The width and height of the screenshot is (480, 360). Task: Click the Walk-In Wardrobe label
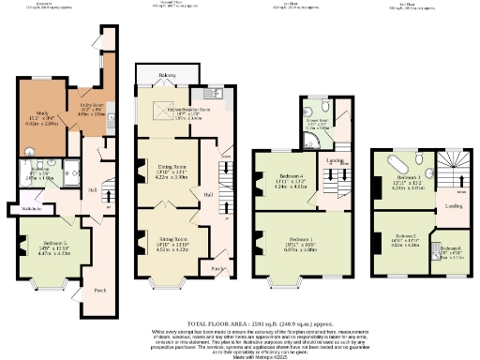click(x=27, y=209)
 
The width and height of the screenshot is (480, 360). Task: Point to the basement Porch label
click(x=99, y=290)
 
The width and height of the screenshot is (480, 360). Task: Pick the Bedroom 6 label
click(x=450, y=247)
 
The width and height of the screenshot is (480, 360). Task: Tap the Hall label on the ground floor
click(x=208, y=195)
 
